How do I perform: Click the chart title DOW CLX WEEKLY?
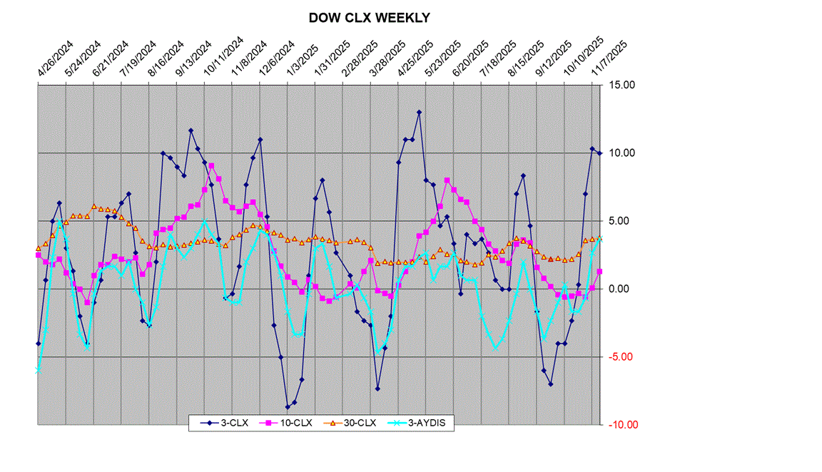pos(369,18)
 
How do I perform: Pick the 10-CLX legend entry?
pos(292,423)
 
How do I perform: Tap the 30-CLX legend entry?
pos(357,423)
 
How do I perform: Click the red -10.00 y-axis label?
pos(621,425)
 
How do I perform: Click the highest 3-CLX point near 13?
pos(419,112)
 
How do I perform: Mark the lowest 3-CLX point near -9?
pos(288,407)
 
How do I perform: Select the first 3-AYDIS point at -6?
pos(38,371)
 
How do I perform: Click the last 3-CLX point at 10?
pos(599,153)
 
